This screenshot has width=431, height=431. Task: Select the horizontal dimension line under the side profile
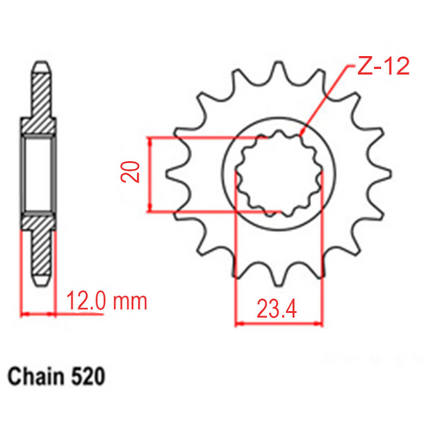pyautogui.click(x=39, y=312)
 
